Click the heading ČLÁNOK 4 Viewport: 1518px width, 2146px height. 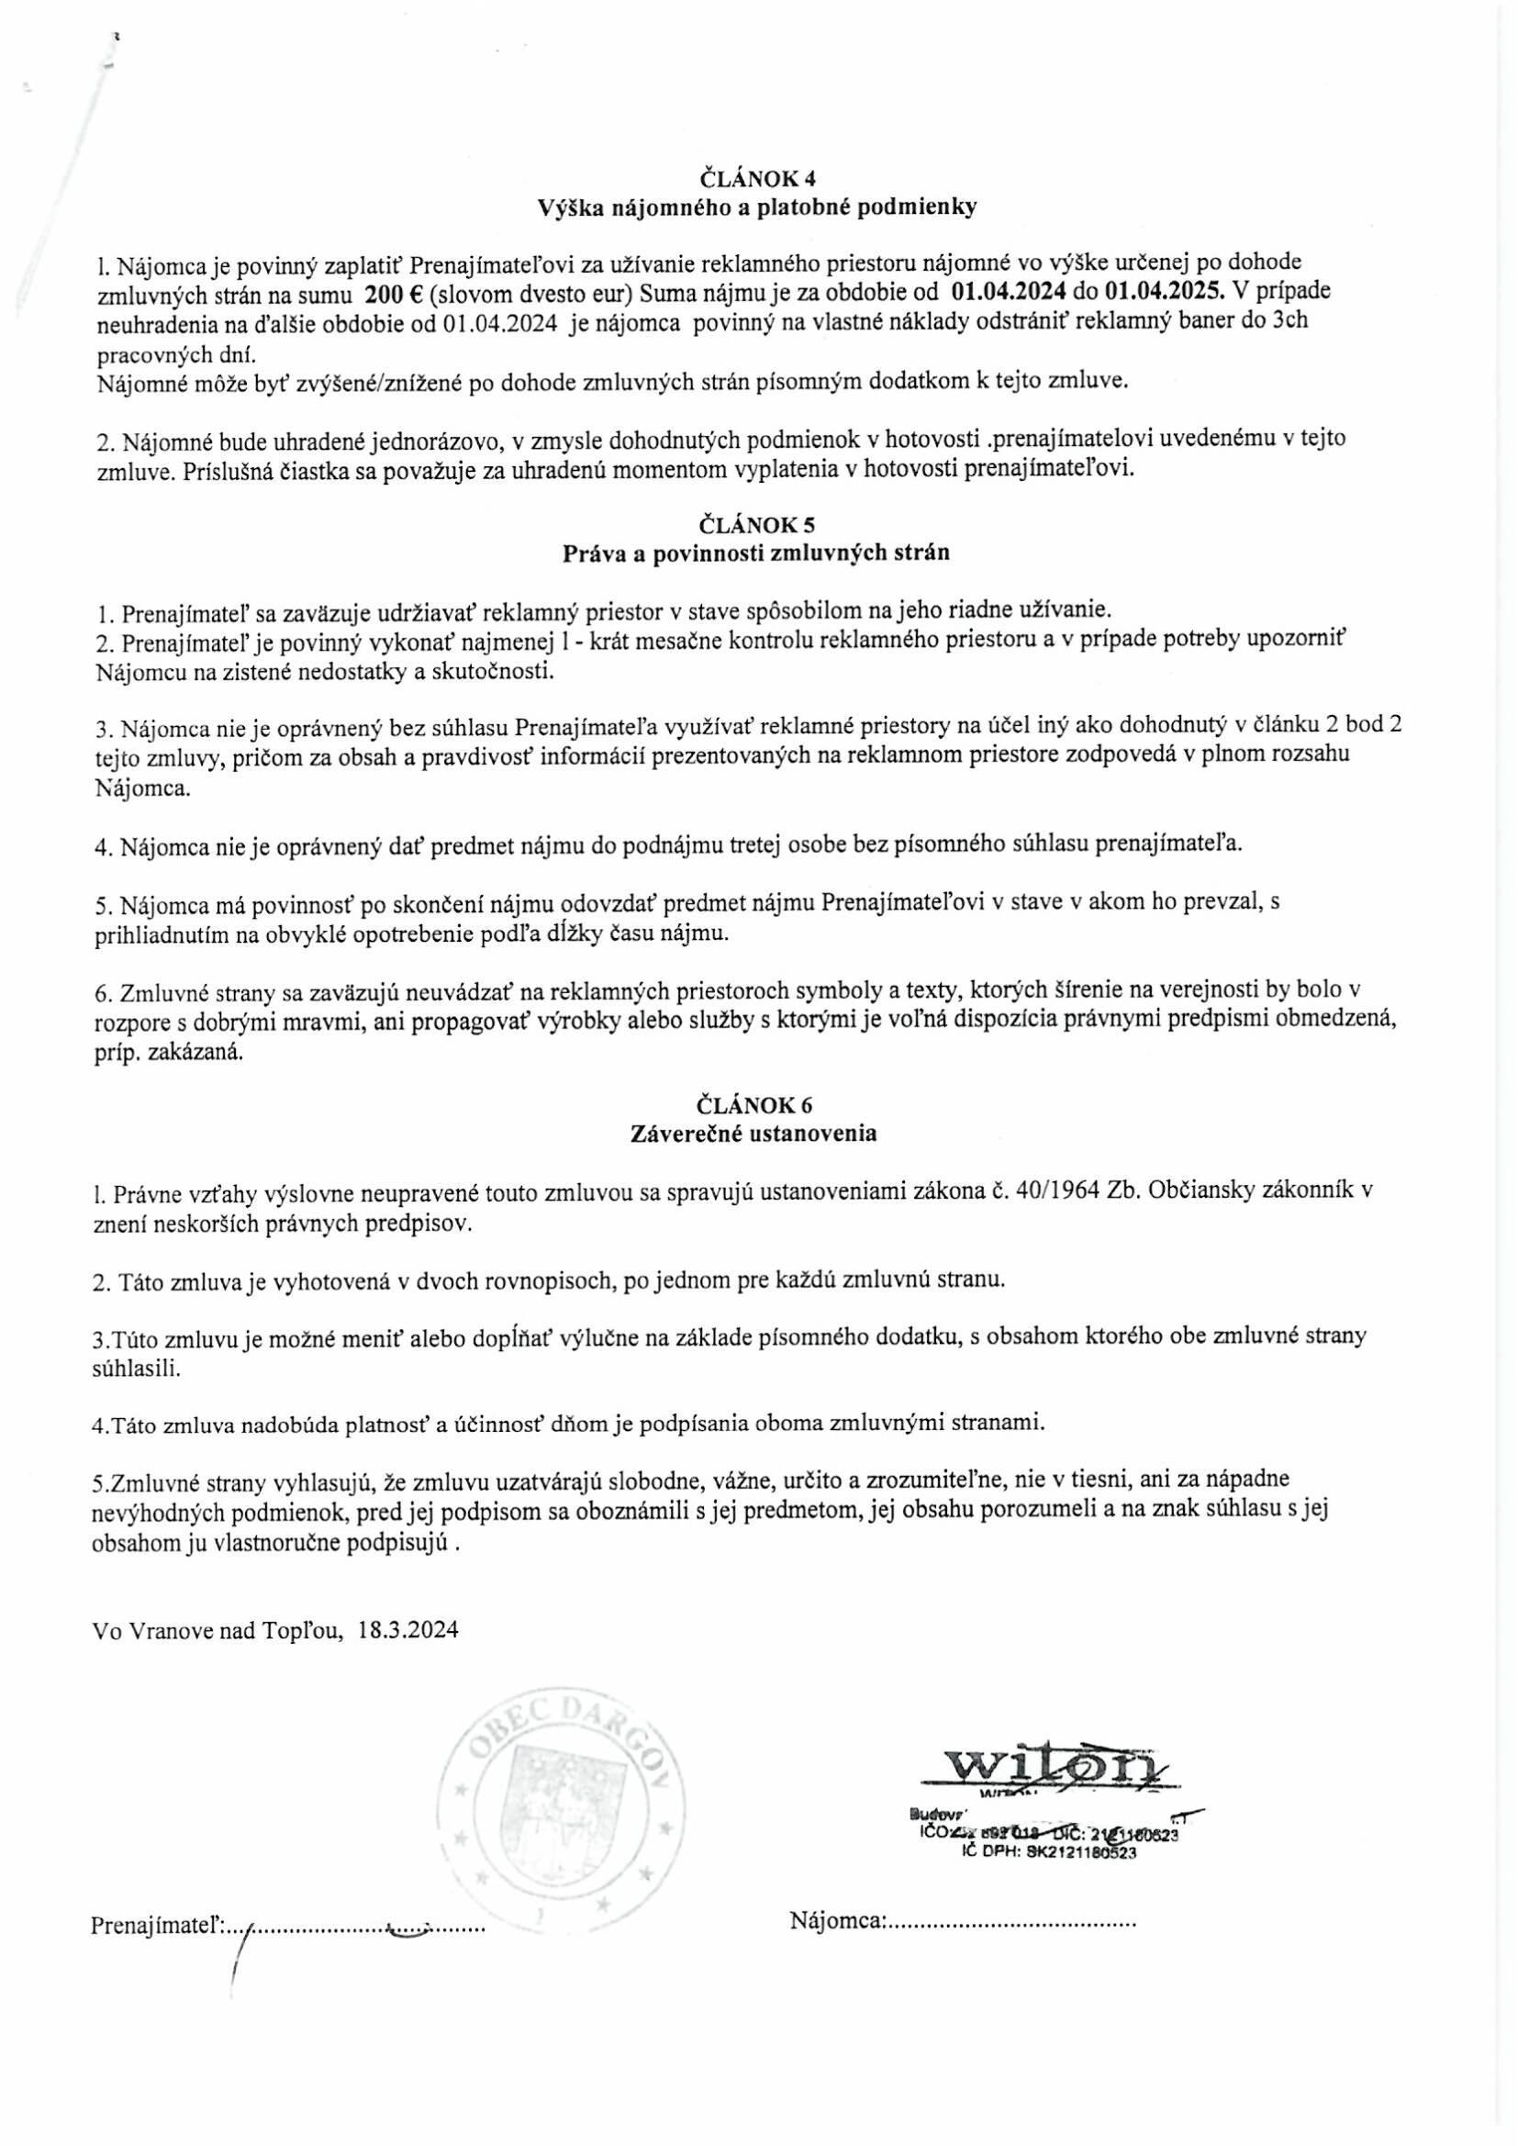pyautogui.click(x=758, y=177)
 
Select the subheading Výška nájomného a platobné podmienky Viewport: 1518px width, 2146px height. pyautogui.click(x=758, y=207)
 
